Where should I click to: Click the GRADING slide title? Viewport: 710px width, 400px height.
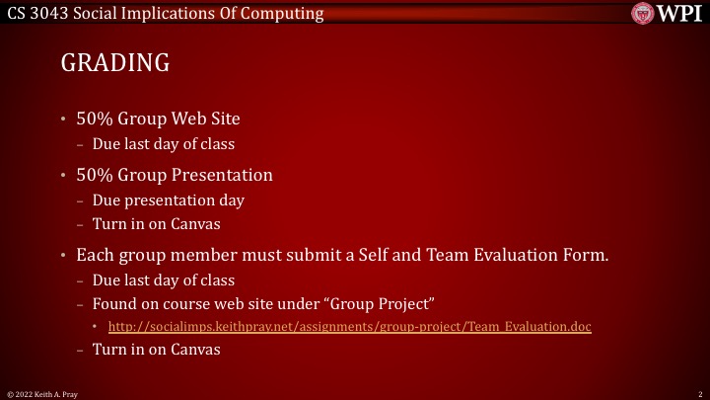(115, 63)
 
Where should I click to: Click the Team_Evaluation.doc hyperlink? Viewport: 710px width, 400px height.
(349, 326)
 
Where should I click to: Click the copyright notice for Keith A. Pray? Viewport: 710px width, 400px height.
(45, 393)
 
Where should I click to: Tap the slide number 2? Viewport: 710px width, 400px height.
(698, 393)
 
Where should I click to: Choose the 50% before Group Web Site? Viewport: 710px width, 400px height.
(96, 120)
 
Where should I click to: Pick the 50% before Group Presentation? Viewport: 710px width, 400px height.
(96, 176)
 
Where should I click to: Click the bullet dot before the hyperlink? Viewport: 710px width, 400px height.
(97, 326)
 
